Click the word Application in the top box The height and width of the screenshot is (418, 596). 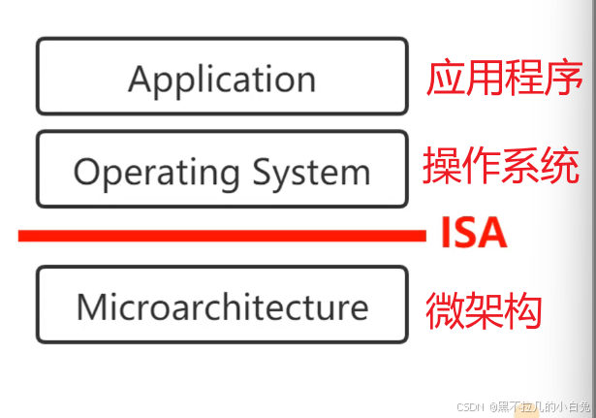[x=222, y=79]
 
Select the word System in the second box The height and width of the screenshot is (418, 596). [x=311, y=173]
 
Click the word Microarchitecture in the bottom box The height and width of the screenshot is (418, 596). [x=222, y=306]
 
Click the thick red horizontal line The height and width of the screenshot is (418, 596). [x=222, y=235]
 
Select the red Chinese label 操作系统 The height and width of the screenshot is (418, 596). [x=501, y=167]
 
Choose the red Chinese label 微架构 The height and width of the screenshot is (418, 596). [x=484, y=309]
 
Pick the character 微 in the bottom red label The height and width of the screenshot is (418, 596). [x=445, y=309]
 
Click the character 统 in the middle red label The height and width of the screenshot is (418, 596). [x=560, y=167]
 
